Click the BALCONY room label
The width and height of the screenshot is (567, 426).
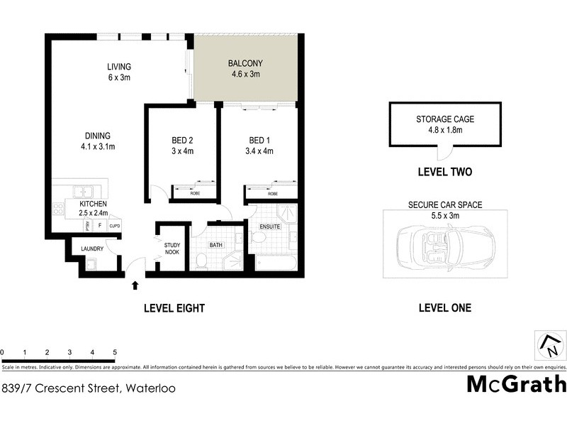tap(244, 63)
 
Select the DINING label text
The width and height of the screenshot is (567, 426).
tap(99, 136)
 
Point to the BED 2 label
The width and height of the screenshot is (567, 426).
tap(182, 140)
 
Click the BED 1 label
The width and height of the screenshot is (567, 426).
tap(259, 140)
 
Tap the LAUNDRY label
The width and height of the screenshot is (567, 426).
tap(93, 248)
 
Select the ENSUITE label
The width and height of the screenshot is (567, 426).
tap(270, 226)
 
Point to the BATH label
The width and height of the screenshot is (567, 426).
tap(216, 245)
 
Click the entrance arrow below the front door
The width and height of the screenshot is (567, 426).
tap(135, 286)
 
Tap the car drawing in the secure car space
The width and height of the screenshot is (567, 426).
tap(445, 245)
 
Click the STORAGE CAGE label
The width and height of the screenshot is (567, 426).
tap(445, 119)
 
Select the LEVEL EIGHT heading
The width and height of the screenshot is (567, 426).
tap(174, 308)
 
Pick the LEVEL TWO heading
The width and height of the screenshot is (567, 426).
tap(445, 172)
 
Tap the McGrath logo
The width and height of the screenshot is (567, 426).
tap(516, 385)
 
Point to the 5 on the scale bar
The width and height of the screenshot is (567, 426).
tap(115, 352)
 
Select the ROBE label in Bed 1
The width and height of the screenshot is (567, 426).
tap(272, 193)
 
